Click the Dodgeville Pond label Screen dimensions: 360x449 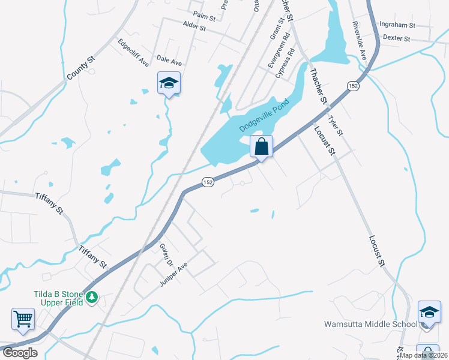click(x=265, y=116)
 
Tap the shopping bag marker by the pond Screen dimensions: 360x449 click(x=262, y=146)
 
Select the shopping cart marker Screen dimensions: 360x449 click(x=23, y=319)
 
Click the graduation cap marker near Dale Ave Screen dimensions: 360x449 click(x=169, y=83)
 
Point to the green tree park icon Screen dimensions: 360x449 click(x=92, y=297)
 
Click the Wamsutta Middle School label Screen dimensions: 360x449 click(x=370, y=324)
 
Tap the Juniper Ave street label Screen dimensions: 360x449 click(x=174, y=274)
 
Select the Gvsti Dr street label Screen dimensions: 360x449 click(x=166, y=255)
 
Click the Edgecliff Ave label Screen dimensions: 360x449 click(x=133, y=52)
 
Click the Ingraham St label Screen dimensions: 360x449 click(x=397, y=25)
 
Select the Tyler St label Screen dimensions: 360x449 click(x=336, y=125)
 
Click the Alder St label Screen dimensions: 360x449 click(x=194, y=28)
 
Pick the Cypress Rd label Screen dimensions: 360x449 click(x=285, y=63)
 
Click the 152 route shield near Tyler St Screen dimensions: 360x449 click(x=353, y=86)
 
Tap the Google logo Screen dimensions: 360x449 click(x=19, y=353)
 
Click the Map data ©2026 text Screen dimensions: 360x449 click(x=423, y=355)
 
